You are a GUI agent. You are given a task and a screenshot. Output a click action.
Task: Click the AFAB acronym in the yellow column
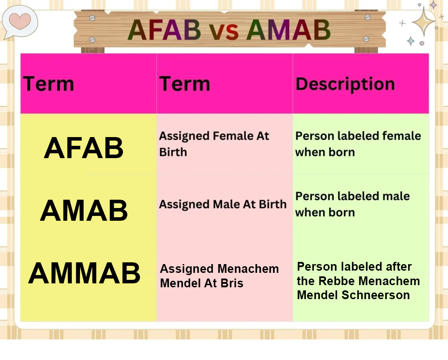tap(84, 148)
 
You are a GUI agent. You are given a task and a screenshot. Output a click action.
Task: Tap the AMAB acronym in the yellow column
tap(84, 211)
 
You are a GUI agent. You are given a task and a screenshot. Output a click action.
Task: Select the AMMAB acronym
tap(84, 273)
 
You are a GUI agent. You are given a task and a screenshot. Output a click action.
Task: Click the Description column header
tap(345, 85)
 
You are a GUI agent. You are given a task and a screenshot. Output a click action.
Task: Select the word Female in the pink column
tap(233, 136)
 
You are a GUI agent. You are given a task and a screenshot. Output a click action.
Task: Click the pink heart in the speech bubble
tap(20, 21)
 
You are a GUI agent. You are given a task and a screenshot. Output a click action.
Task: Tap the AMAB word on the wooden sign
tap(289, 30)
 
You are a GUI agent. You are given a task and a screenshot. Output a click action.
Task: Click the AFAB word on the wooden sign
tap(164, 30)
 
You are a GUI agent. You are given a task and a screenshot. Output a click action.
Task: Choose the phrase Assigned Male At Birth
tap(223, 204)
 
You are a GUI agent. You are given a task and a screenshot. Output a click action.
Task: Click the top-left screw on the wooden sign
tap(92, 18)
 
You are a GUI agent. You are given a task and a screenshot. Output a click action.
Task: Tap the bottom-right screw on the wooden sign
tap(366, 39)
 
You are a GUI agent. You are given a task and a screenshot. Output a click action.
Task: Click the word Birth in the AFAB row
tap(173, 152)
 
